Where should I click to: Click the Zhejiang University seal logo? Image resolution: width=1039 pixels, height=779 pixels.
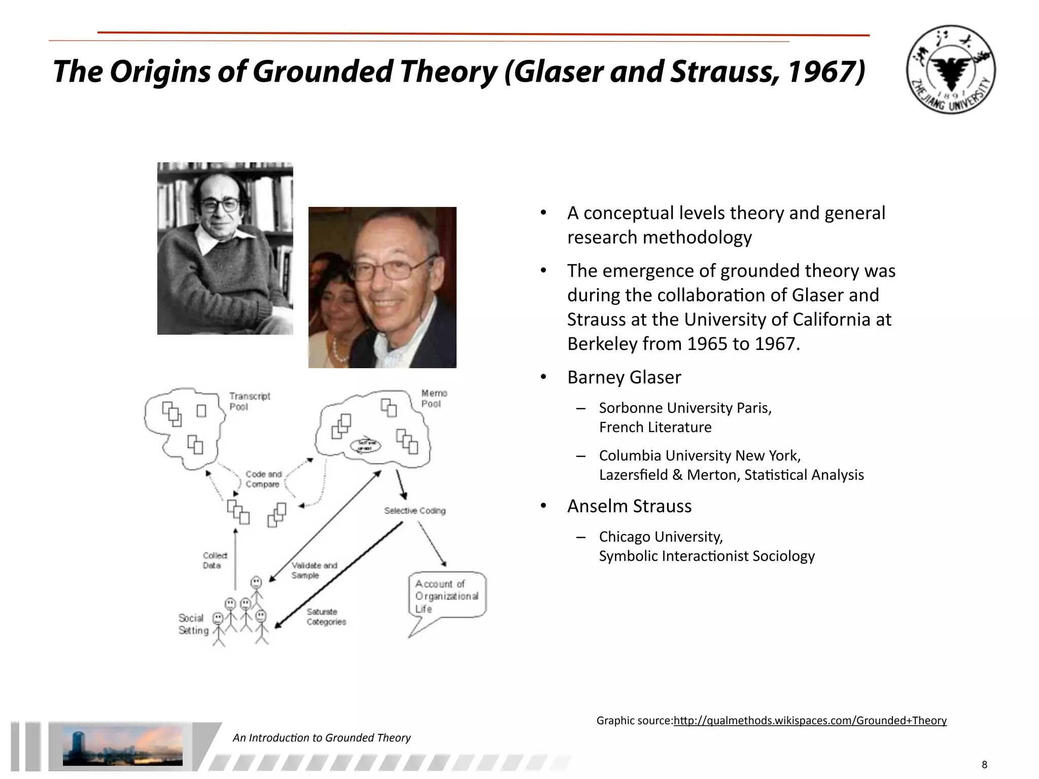pyautogui.click(x=950, y=69)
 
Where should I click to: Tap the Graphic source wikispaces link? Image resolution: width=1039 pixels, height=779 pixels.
pyautogui.click(x=810, y=721)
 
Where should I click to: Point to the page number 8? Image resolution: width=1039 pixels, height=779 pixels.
pyautogui.click(x=984, y=765)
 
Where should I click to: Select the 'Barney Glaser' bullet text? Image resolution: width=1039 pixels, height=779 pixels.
pyautogui.click(x=624, y=377)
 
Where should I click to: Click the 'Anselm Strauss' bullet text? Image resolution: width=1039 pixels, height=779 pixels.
pyautogui.click(x=629, y=506)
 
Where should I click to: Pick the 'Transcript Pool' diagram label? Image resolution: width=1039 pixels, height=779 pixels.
pyautogui.click(x=249, y=401)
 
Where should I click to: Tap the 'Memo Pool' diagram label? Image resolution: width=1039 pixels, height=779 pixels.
pyautogui.click(x=434, y=399)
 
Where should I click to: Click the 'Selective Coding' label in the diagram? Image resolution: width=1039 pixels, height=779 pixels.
pyautogui.click(x=414, y=511)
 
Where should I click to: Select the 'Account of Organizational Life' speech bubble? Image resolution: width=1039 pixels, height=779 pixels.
pyautogui.click(x=446, y=596)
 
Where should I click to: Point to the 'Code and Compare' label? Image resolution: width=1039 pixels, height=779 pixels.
pyautogui.click(x=263, y=479)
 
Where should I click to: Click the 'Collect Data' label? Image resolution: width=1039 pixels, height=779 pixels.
pyautogui.click(x=215, y=560)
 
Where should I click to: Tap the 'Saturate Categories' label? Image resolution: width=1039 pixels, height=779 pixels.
pyautogui.click(x=326, y=617)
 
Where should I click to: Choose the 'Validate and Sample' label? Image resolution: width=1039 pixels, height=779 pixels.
pyautogui.click(x=314, y=571)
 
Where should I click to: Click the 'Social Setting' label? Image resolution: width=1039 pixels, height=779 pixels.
pyautogui.click(x=193, y=624)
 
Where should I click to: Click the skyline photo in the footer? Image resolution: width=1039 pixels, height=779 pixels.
pyautogui.click(x=122, y=746)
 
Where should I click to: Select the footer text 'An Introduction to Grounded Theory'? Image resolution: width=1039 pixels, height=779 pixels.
pyautogui.click(x=321, y=738)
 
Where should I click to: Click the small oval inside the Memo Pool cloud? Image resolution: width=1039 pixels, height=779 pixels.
pyautogui.click(x=365, y=446)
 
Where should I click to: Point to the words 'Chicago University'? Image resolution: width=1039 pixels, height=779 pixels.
pyautogui.click(x=661, y=537)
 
